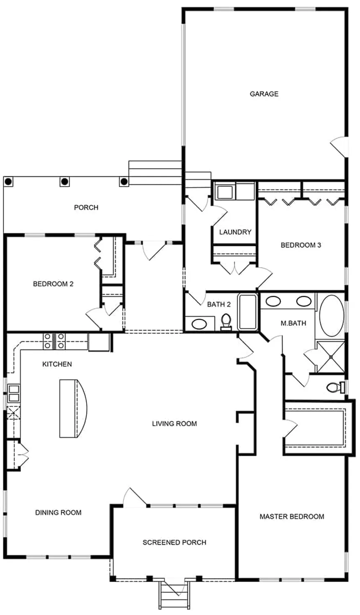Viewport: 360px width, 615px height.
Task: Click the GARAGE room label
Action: point(264,94)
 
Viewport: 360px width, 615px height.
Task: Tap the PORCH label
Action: point(86,207)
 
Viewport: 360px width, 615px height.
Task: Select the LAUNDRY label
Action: point(235,232)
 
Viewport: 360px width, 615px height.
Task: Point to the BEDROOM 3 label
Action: point(301,245)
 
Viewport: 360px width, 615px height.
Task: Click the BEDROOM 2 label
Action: point(53,284)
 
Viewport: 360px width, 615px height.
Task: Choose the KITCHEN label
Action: point(57,364)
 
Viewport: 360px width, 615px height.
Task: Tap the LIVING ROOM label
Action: point(175,424)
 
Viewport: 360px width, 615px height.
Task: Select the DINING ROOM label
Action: point(59,512)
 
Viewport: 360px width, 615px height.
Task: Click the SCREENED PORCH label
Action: point(175,542)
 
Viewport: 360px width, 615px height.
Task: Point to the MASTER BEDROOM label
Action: point(292,517)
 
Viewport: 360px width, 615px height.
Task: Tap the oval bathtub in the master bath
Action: point(332,316)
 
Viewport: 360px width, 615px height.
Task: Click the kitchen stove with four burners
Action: point(54,341)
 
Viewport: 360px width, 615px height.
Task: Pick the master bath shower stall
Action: point(331,357)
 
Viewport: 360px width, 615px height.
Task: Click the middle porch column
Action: point(64,181)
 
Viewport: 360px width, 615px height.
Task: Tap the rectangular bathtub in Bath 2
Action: point(248,312)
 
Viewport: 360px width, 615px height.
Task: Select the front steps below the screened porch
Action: point(174,593)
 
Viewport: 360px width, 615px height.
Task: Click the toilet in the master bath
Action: point(336,387)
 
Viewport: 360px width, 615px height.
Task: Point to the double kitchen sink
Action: point(13,393)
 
